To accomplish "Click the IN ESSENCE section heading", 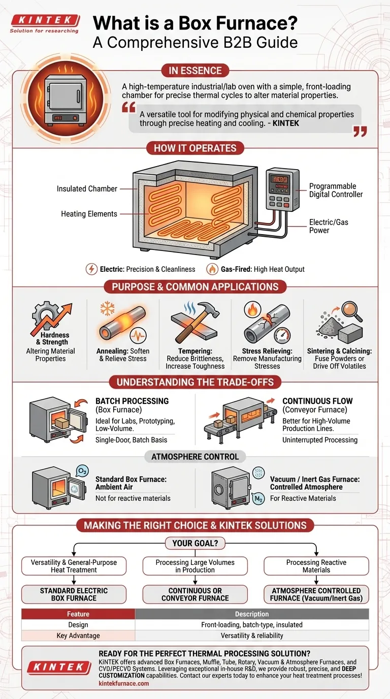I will tap(194, 71).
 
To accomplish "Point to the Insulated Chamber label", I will tap(87, 189).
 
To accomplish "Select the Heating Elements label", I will tap(89, 214).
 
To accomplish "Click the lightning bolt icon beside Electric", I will tap(91, 269).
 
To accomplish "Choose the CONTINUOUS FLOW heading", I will tap(317, 401).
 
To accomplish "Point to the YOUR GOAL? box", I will tap(195, 543).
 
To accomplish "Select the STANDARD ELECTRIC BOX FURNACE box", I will tap(74, 594).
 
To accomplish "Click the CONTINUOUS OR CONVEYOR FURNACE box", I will tap(195, 594).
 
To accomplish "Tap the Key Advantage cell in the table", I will tap(78, 636).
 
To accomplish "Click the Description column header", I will tap(252, 614).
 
